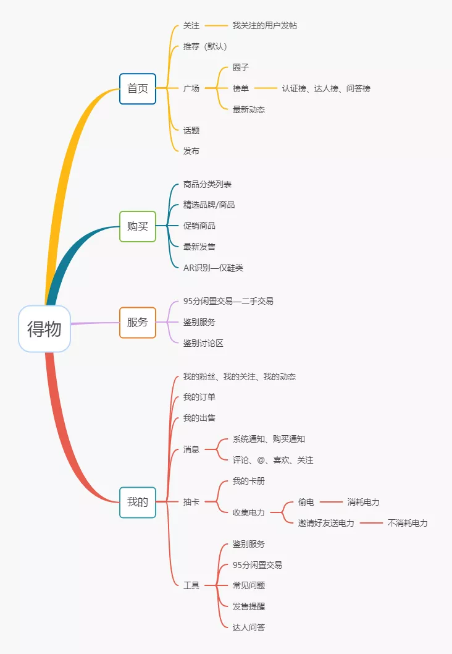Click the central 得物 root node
point(44,329)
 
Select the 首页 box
point(138,88)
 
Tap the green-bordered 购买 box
point(138,226)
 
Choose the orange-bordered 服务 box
point(138,322)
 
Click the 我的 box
point(138,502)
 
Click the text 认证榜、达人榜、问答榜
point(326,88)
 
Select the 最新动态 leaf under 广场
point(249,109)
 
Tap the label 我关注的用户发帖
point(265,25)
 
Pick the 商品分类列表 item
point(207,184)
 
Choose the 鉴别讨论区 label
point(203,343)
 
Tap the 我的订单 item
point(199,397)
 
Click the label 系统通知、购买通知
point(269,439)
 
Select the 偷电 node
point(306,502)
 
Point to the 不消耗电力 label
point(408,523)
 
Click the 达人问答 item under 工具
point(249,627)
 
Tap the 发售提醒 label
point(249,606)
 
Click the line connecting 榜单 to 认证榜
point(266,88)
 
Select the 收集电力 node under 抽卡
point(249,512)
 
